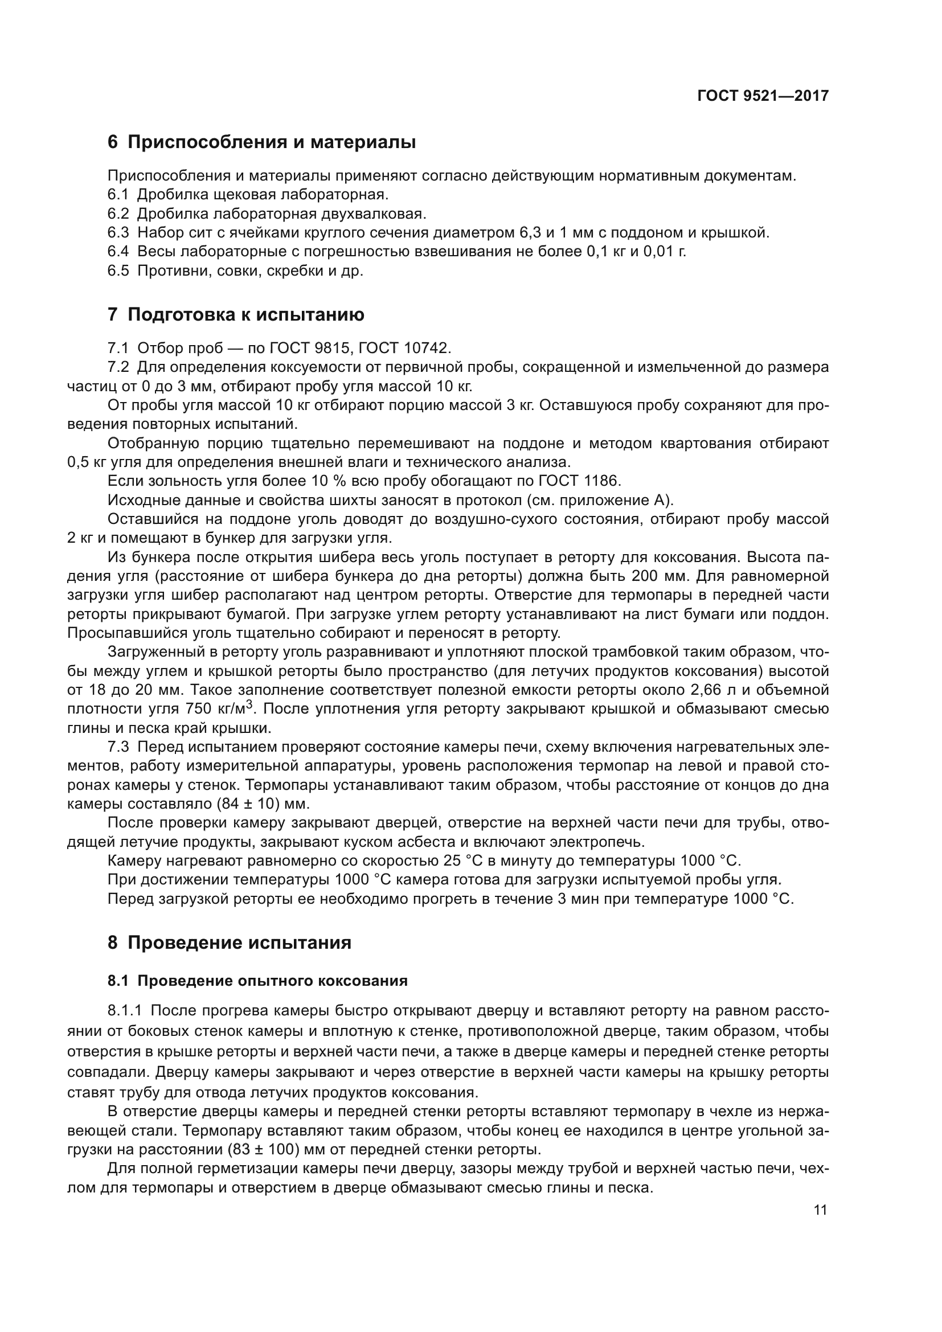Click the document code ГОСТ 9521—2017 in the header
pyautogui.click(x=762, y=96)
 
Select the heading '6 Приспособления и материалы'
pyautogui.click(x=261, y=142)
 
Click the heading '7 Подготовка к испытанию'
pyautogui.click(x=236, y=315)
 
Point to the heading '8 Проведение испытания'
pyautogui.click(x=230, y=942)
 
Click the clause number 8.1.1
pyautogui.click(x=125, y=1011)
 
